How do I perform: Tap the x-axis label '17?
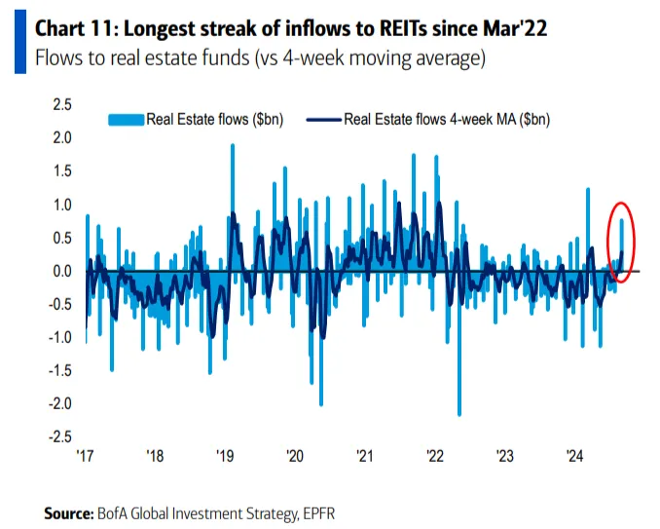86,455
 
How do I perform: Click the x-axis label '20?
294,455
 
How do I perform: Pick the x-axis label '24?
574,455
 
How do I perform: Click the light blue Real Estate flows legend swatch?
126,121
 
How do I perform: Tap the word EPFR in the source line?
314,511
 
